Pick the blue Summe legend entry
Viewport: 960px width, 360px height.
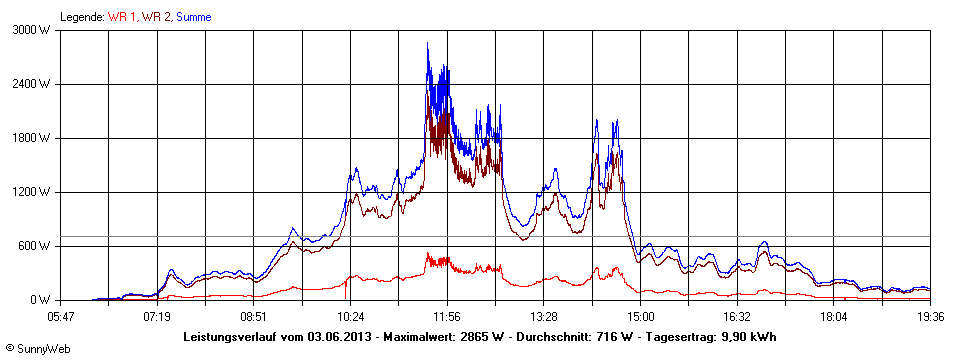pos(193,17)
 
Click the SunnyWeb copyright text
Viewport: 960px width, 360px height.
pos(33,348)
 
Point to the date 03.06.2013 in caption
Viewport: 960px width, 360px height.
pos(340,337)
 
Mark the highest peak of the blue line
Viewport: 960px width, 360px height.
pos(428,43)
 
